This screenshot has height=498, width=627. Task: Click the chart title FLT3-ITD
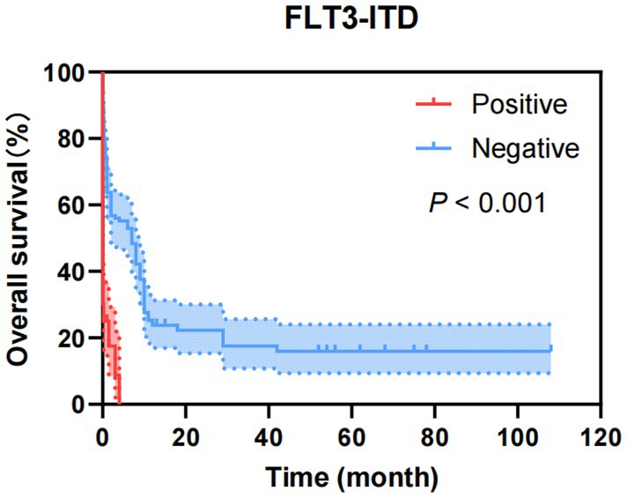tap(341, 19)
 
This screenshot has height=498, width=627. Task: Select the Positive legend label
tap(518, 105)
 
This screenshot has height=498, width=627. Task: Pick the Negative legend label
tap(525, 148)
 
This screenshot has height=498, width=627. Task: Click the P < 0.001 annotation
tap(486, 204)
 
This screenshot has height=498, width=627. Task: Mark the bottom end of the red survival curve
tap(118, 401)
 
